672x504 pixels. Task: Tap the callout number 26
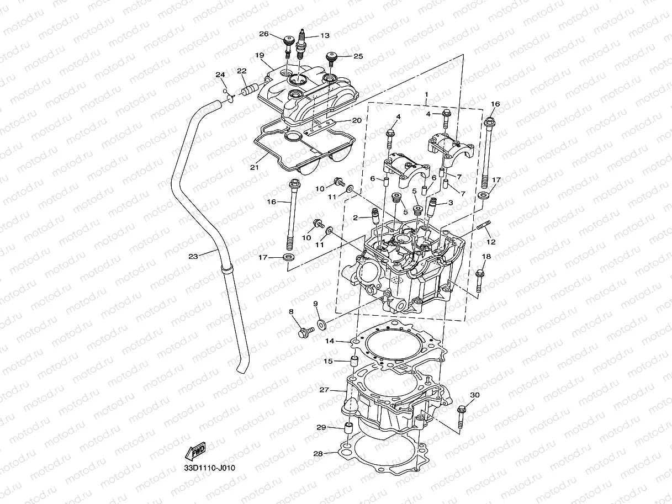[264, 34]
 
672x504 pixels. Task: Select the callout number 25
[358, 56]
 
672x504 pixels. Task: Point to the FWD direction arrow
[195, 452]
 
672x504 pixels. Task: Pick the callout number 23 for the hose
[193, 256]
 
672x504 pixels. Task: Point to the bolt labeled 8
[304, 332]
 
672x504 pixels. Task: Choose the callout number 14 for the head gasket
[330, 341]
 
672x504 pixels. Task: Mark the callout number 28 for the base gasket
[318, 454]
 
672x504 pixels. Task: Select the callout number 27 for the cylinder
[324, 390]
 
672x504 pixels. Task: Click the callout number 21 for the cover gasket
[255, 167]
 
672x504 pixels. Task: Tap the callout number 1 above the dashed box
[426, 95]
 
